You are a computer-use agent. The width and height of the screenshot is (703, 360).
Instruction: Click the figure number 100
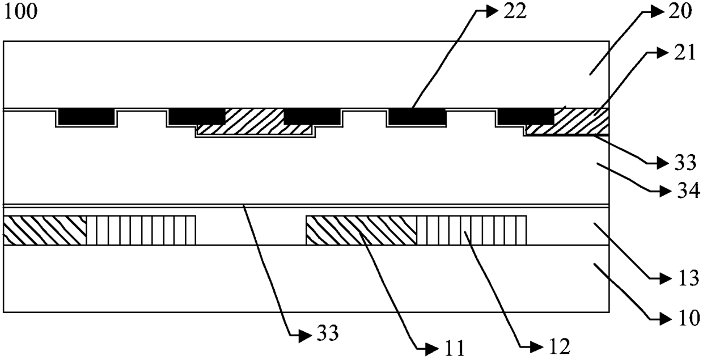[21, 12]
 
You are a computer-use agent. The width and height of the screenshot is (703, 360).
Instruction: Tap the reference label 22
[515, 11]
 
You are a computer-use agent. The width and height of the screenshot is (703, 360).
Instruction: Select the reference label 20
[680, 11]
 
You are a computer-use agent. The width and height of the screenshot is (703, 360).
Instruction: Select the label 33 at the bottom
[328, 333]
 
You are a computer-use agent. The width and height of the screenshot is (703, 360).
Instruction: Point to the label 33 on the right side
[684, 163]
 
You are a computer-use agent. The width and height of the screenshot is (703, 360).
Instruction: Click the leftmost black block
[87, 116]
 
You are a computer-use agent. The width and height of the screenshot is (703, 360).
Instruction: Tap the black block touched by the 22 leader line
[417, 116]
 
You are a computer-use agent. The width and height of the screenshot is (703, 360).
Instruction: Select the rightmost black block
[526, 116]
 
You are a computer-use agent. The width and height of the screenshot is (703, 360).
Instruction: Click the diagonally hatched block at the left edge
[45, 230]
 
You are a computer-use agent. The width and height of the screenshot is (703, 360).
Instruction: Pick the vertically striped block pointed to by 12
[471, 230]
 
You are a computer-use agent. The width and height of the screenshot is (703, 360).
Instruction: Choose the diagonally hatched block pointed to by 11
[362, 230]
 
